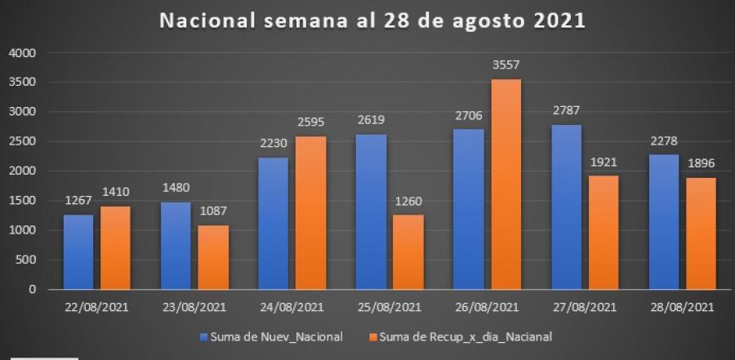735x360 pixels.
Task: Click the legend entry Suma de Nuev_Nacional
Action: click(272, 336)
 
